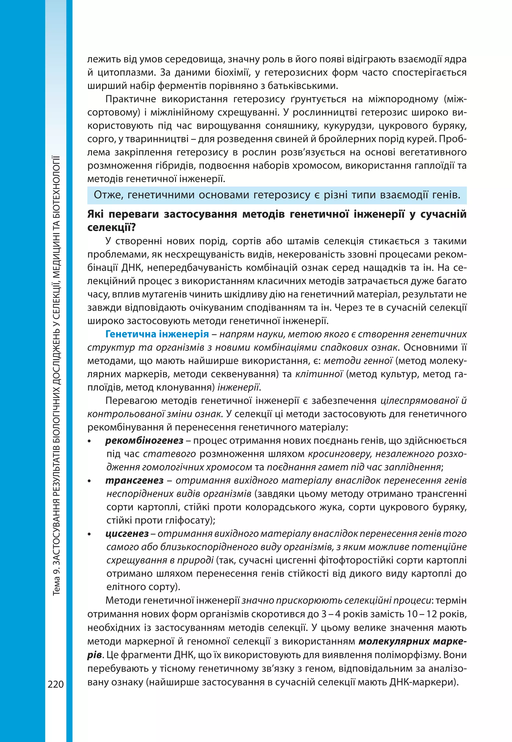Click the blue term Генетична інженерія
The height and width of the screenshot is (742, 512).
coord(157,334)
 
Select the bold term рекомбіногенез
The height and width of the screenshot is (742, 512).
coord(144,440)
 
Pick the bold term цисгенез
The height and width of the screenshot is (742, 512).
coord(127,533)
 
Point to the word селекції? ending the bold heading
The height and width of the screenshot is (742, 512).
coord(112,227)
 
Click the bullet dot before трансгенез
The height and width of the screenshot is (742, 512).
coord(89,481)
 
